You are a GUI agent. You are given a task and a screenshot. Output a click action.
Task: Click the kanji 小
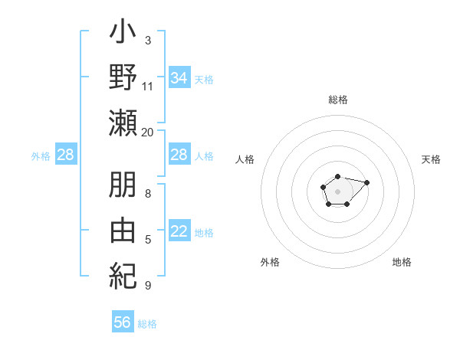(x=123, y=35)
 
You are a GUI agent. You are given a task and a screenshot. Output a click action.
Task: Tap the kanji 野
(x=123, y=78)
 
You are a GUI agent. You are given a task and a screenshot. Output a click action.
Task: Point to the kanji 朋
(x=123, y=186)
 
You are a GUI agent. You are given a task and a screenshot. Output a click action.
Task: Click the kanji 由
(x=123, y=231)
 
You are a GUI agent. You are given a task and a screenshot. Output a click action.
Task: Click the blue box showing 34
(x=179, y=78)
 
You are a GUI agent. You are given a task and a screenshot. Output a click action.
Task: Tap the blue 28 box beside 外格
(x=65, y=155)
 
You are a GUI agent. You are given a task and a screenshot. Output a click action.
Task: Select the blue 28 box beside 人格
(x=179, y=155)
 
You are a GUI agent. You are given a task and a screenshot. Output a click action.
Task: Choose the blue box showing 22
(x=179, y=232)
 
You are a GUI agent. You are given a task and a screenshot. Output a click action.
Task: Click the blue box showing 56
(x=123, y=322)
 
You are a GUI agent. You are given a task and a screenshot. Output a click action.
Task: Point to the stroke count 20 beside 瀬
(x=148, y=132)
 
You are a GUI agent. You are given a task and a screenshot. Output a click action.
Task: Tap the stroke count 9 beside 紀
(x=148, y=286)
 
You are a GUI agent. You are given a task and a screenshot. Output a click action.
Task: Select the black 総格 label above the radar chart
(x=338, y=100)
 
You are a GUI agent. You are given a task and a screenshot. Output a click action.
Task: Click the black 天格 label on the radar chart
(x=432, y=159)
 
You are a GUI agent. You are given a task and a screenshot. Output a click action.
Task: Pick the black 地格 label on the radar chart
(x=402, y=262)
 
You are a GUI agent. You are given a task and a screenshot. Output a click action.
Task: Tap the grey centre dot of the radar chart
(x=337, y=190)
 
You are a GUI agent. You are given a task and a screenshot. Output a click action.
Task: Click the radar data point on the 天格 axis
(x=367, y=182)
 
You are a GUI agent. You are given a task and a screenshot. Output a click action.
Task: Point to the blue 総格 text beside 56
(x=147, y=324)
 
